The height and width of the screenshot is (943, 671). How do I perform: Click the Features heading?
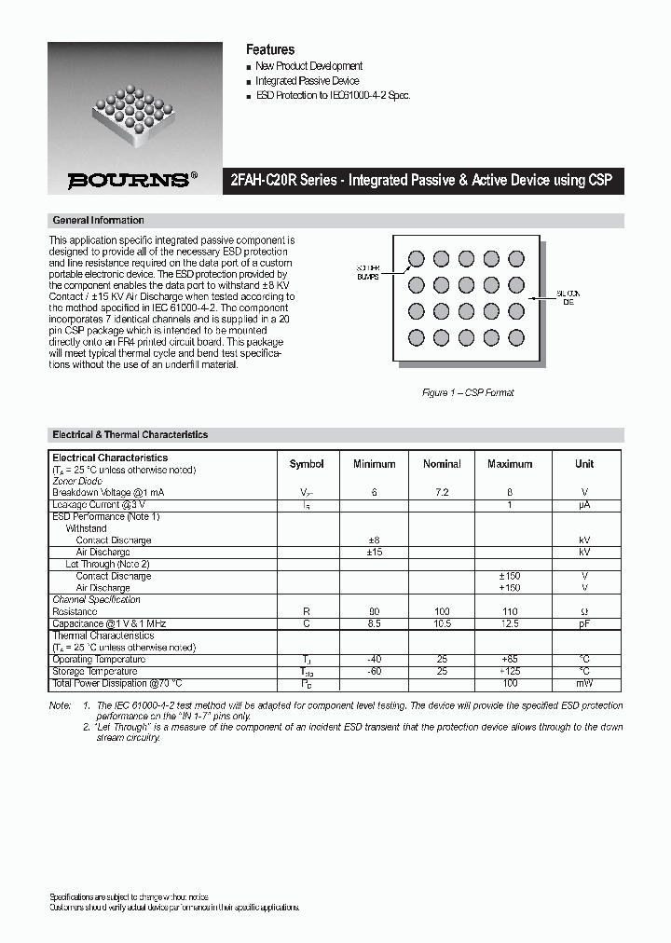point(270,49)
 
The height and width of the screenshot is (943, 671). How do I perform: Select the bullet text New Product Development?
point(308,66)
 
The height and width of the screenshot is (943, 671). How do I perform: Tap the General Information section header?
point(99,221)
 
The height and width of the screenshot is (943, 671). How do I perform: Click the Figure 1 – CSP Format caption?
point(468,392)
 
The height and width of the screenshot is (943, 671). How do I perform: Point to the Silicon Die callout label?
point(568,298)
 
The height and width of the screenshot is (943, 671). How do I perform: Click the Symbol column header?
point(307,464)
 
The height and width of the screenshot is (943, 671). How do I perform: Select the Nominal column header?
point(442,464)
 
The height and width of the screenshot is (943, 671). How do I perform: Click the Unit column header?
point(584,464)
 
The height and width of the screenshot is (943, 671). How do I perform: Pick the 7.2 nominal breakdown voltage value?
point(442,491)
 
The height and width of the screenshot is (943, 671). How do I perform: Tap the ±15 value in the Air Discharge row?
point(375,553)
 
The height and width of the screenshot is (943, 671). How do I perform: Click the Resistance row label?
point(75,611)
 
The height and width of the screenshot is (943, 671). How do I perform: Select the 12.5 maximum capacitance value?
point(510,623)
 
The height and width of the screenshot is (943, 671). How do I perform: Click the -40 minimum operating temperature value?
point(375,659)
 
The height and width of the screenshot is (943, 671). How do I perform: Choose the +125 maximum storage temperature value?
point(510,671)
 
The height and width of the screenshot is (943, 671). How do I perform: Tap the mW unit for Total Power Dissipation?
point(584,683)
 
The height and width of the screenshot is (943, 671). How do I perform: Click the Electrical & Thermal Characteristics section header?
point(130,435)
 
